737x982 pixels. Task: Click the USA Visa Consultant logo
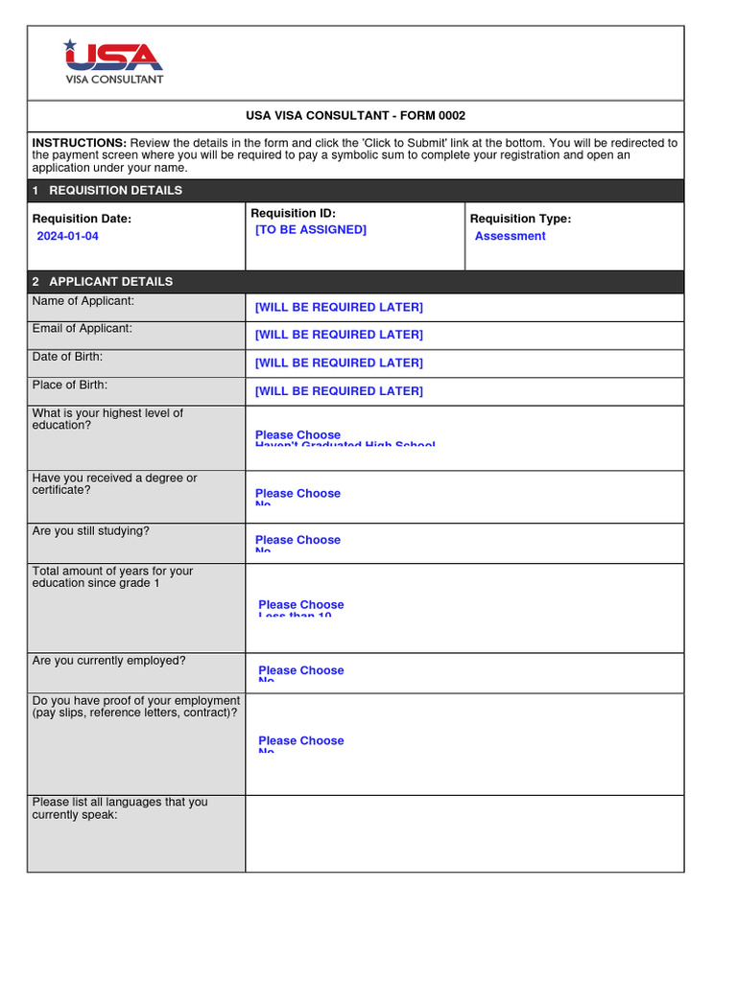(x=113, y=61)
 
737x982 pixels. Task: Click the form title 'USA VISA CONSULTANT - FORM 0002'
(x=355, y=116)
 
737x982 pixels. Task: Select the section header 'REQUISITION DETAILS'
(x=115, y=191)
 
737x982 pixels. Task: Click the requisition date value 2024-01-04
(x=67, y=236)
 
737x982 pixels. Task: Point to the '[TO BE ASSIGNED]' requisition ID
(x=310, y=230)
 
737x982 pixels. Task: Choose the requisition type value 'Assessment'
(x=510, y=236)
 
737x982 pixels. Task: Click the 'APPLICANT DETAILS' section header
(x=110, y=282)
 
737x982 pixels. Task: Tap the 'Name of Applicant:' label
(x=83, y=301)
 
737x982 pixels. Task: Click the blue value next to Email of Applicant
(x=338, y=335)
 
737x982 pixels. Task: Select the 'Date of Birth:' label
(x=67, y=357)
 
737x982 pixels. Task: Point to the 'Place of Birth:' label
(x=70, y=385)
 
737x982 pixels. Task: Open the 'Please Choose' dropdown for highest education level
(x=297, y=435)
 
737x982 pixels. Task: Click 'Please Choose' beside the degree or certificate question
(x=297, y=494)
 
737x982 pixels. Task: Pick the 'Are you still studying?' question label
(x=91, y=530)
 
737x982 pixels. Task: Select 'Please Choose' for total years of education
(x=300, y=605)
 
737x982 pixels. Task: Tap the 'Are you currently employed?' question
(x=109, y=661)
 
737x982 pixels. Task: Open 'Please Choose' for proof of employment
(x=300, y=741)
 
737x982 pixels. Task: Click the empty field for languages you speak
(x=464, y=833)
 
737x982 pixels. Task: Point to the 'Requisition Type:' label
(x=520, y=219)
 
